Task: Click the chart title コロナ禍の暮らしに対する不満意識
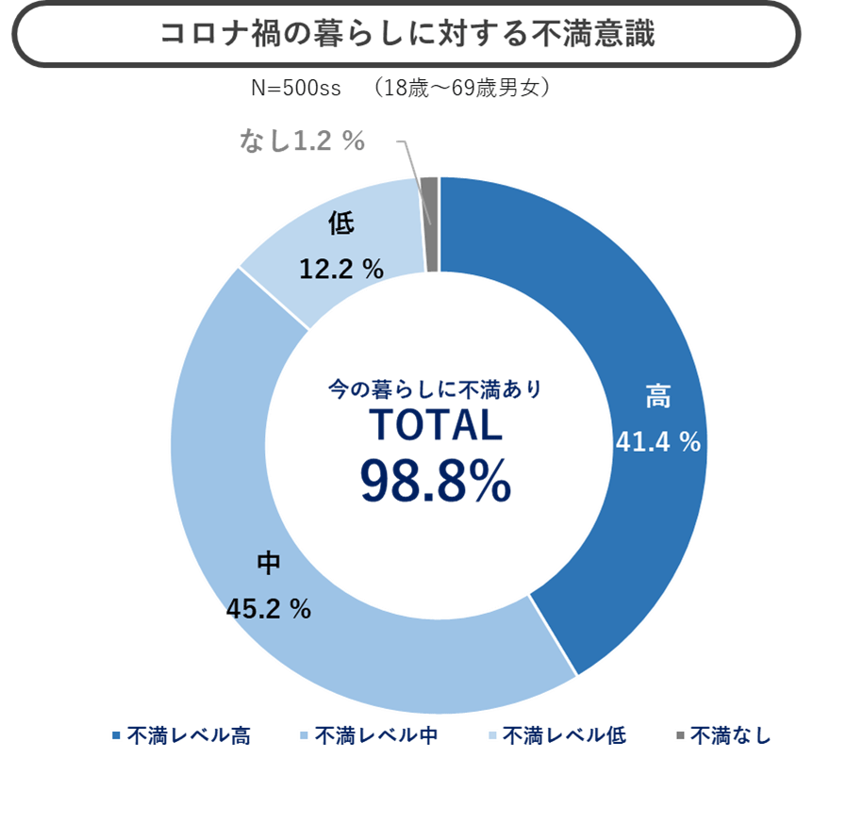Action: coord(406,34)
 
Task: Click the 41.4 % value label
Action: coord(657,441)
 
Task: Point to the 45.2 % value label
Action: coord(269,609)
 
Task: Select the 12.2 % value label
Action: coord(340,270)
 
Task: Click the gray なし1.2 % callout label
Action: coord(302,142)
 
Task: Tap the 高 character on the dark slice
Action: coord(657,397)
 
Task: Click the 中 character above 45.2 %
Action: coord(269,564)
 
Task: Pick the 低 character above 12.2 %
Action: coord(341,224)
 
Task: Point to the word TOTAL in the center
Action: coord(435,427)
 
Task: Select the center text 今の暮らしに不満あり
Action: coord(435,388)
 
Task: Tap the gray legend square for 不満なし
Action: coord(681,735)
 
